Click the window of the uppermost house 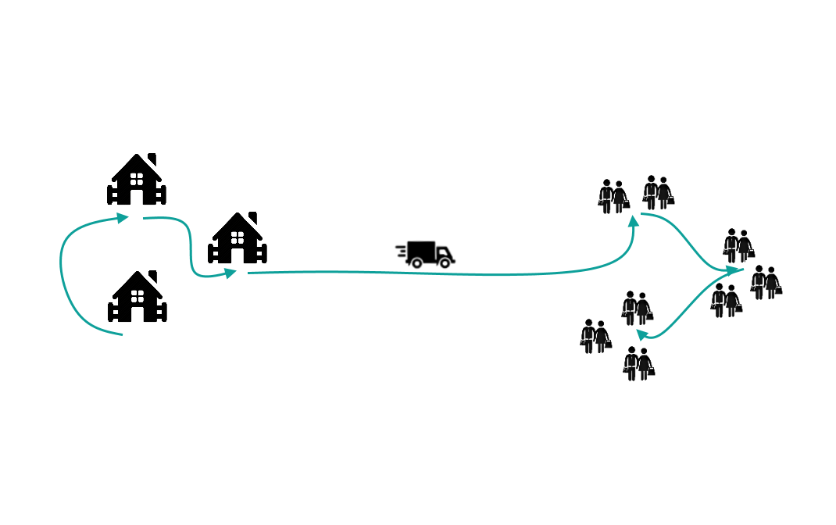point(137,178)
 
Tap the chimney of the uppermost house point(152,159)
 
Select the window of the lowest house point(138,296)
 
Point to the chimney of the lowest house point(153,277)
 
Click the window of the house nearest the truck point(238,237)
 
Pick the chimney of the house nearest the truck point(252,217)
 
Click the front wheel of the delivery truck point(444,264)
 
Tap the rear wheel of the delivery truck point(417,264)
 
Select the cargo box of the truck point(420,250)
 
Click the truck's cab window point(442,250)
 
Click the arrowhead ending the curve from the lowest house point(123,218)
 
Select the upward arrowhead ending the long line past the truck point(634,222)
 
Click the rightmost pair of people point(766,282)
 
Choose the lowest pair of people point(638,363)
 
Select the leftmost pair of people point(595,336)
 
